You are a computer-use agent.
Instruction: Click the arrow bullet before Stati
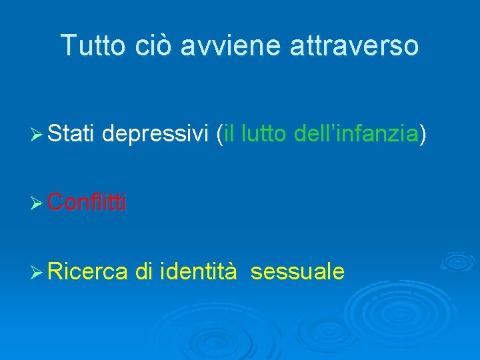[x=38, y=136]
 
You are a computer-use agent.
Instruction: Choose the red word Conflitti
[x=88, y=201]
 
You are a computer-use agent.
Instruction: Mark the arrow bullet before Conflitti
[x=38, y=202]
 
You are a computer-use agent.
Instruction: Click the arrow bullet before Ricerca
[x=38, y=272]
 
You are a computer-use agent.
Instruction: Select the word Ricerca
[x=88, y=271]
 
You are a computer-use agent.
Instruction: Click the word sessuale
[x=298, y=271]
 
